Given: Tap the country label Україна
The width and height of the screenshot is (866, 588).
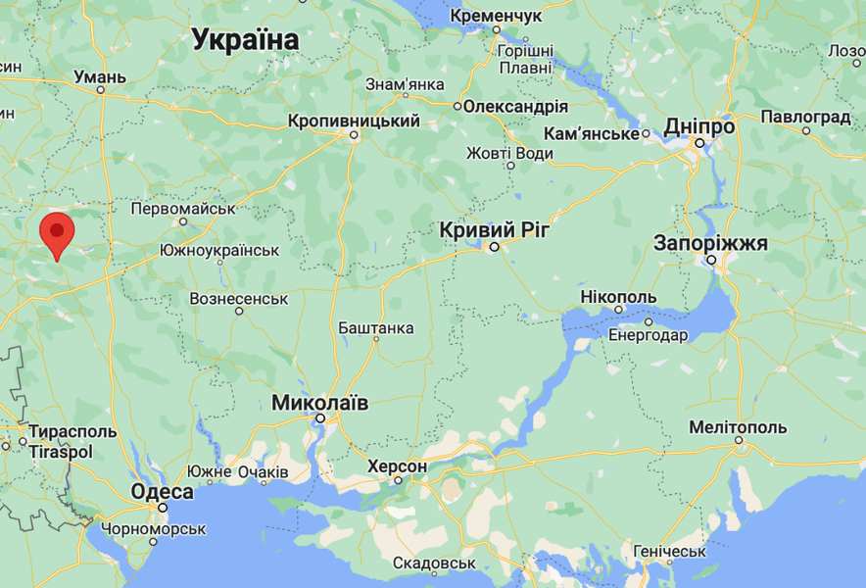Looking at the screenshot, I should click(245, 40).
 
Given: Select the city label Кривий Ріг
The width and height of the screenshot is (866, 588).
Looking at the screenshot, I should click(495, 229).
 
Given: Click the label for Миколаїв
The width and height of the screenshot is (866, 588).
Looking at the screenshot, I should click(320, 402).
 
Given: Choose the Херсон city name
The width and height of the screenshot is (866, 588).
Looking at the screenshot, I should click(397, 467).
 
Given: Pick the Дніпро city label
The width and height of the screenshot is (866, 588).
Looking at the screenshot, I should click(699, 126).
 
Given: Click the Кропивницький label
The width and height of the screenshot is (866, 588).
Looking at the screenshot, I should click(354, 122).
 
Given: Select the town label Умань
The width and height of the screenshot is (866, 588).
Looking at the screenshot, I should click(101, 76).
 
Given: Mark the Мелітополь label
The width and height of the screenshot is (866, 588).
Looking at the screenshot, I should click(738, 428).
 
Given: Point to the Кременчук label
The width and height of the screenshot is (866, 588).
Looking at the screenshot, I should click(496, 17).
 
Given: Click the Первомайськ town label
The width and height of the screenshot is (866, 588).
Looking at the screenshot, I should click(184, 210).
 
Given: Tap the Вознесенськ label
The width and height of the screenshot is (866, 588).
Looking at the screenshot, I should click(239, 298).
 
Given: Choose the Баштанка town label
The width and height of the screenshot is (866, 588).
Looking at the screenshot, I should click(375, 328).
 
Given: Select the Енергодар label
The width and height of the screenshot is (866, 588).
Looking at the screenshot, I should click(649, 335).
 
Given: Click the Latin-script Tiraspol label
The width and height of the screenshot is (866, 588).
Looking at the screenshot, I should click(61, 452).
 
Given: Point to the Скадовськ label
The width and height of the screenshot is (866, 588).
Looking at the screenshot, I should click(434, 563).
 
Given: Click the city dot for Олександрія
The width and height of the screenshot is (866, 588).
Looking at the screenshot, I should click(457, 107).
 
